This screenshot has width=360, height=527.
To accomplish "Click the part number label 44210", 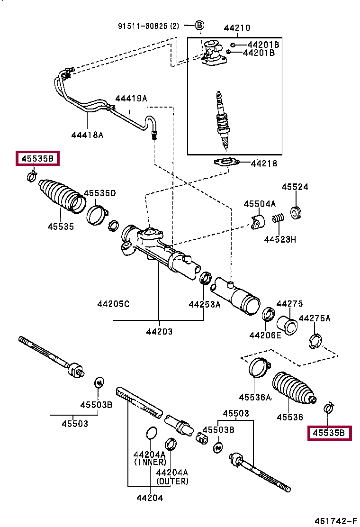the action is tap(237, 28).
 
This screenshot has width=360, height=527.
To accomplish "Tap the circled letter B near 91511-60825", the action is tap(199, 25).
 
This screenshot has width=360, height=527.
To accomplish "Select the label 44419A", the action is tap(131, 99).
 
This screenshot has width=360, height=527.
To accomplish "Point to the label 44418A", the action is tap(87, 135).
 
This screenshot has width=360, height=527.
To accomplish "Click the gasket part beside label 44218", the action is tap(227, 163).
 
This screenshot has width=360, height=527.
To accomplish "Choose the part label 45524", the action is tap(295, 187).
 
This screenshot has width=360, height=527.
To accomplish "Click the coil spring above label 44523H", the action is tap(278, 218).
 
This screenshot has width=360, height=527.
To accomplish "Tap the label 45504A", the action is tap(260, 204).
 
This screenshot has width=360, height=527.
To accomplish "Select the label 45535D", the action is tap(100, 193).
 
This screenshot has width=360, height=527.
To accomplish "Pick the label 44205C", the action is tap(113, 304).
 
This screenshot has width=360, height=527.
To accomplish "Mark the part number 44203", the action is tap(159, 332).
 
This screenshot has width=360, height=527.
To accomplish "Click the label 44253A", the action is tap(205, 305).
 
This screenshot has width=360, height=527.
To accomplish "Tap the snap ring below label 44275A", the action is tap(315, 342).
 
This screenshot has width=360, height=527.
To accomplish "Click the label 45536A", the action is tap(255, 397).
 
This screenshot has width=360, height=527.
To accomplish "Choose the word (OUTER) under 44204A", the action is tap(172, 482).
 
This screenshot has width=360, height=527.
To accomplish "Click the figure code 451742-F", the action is tap(335, 521).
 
